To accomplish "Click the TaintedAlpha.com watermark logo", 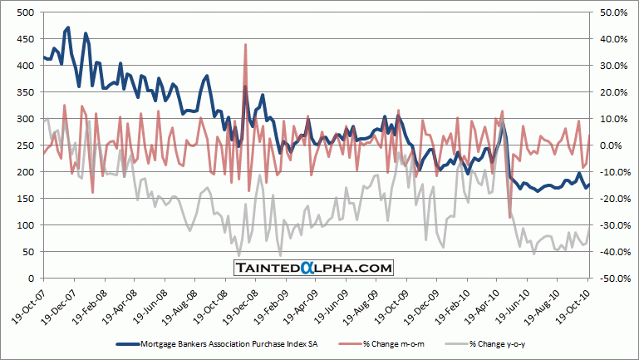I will [312, 268].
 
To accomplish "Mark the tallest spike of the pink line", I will [246, 45].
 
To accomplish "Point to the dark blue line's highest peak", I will [67, 28].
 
